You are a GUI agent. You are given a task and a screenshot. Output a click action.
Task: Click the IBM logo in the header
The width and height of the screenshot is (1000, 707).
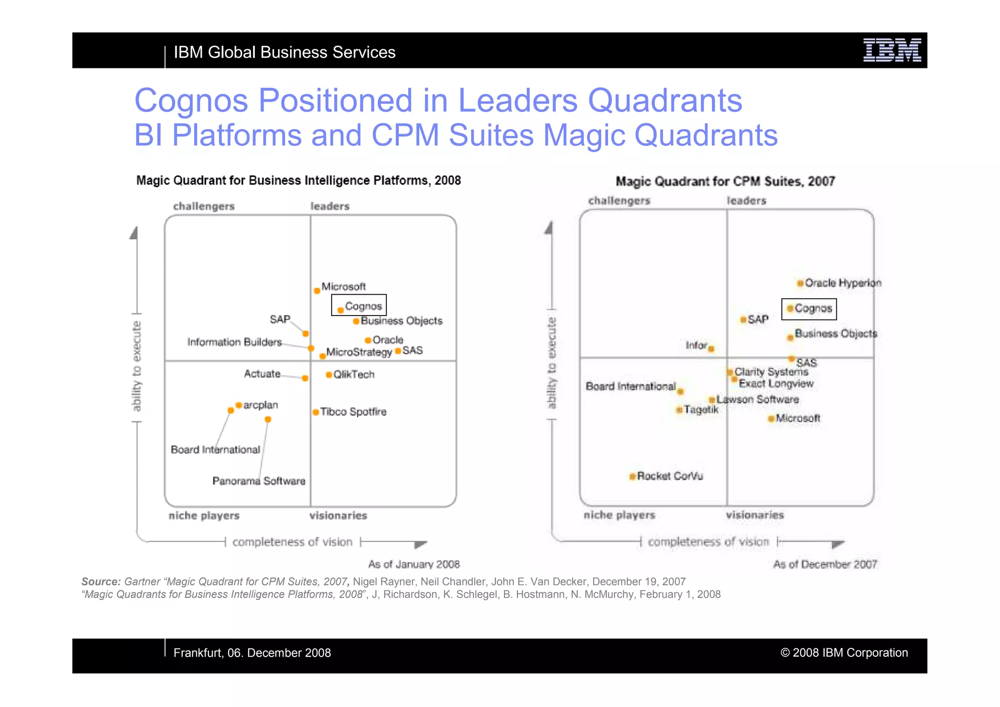coord(892,50)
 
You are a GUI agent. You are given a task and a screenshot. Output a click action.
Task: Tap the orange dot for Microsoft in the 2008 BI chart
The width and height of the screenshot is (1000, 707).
coord(317,291)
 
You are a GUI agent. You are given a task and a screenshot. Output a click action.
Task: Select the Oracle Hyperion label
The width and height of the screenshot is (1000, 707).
coord(843,283)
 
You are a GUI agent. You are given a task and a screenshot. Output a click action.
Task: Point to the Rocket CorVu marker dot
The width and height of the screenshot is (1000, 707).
coord(632,476)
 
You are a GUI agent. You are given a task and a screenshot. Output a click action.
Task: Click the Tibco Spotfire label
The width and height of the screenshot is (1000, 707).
coord(353,412)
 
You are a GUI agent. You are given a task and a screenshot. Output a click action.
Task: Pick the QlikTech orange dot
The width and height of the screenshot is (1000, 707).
coord(329,375)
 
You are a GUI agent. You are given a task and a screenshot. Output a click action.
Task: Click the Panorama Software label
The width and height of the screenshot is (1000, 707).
coord(259,481)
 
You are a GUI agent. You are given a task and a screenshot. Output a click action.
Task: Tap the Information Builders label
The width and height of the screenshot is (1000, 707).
coord(234,342)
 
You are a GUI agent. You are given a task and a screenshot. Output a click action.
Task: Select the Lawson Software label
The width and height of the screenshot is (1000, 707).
coord(757,400)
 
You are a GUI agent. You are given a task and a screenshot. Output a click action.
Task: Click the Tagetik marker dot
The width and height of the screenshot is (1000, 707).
coord(679,410)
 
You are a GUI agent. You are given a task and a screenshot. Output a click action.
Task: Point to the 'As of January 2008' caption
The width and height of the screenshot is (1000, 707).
coord(414,564)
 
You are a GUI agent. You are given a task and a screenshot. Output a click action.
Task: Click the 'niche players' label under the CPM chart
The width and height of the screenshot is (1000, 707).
coord(619,515)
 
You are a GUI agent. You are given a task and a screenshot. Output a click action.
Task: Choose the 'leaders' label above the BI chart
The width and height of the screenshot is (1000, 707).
coord(330,206)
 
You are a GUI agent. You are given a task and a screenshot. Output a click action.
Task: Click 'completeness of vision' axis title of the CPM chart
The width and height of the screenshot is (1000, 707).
coord(708,542)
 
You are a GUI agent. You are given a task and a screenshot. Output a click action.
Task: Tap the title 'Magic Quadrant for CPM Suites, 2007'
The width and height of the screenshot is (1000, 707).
coord(725,182)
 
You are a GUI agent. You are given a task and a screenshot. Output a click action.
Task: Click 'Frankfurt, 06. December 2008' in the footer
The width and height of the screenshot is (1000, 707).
coord(252,653)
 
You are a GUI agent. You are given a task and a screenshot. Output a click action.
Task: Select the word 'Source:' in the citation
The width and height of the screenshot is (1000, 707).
coord(101,582)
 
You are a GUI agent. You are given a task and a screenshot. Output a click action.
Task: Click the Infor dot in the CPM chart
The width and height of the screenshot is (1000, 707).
coord(711,349)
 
